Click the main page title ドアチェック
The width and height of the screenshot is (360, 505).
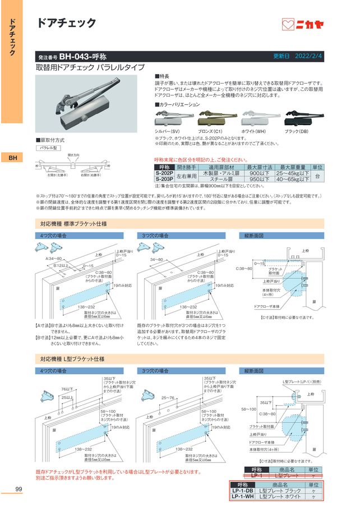tap(66, 23)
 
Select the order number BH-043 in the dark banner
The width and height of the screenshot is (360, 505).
tap(84, 57)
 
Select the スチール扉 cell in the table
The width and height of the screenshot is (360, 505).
tap(221, 181)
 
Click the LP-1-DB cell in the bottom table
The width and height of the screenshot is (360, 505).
tap(243, 490)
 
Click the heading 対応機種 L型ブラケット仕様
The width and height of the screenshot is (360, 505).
tap(72, 358)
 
